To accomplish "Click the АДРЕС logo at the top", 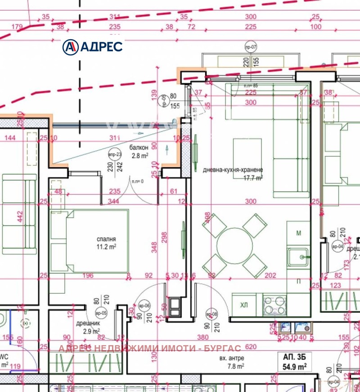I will tap(92, 46).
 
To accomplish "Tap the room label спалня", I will tap(107, 239).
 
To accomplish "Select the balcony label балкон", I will tap(139, 148).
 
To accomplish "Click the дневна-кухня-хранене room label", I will tap(233, 170).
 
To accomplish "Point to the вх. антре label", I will tap(232, 358).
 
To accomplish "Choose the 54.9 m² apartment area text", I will tap(294, 367).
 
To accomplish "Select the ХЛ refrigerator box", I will tap(244, 305).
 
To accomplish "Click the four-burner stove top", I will tap(275, 305).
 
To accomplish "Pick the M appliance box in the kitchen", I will tap(298, 233).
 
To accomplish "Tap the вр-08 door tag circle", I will tap(211, 314).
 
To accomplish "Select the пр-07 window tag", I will tap(250, 47).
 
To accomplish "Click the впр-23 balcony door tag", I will tap(116, 155).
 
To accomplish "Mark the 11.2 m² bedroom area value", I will tap(107, 247).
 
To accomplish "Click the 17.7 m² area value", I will tap(253, 178).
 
